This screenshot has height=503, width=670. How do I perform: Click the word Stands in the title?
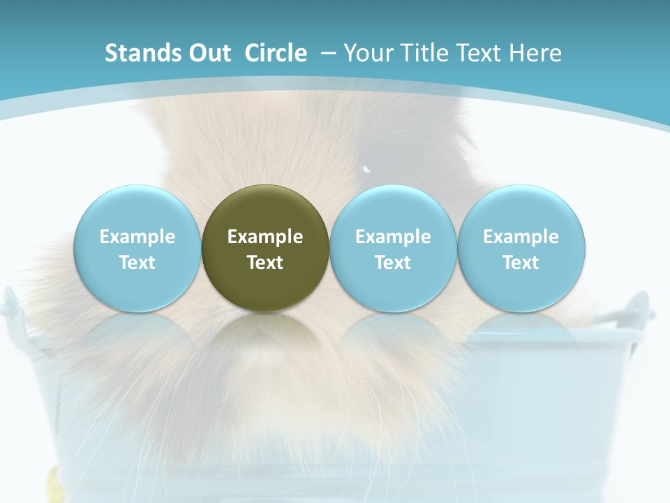tap(133, 53)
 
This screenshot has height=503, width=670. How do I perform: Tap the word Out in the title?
tap(207, 53)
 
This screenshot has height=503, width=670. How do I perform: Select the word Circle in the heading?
tap(276, 53)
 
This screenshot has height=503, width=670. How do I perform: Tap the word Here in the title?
tap(535, 53)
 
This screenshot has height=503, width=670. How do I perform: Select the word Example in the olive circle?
tap(265, 237)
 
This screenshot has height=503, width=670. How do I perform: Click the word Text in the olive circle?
tap(265, 263)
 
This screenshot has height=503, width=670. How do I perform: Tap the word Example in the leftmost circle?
tap(137, 237)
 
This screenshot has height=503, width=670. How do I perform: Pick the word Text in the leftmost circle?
tap(137, 263)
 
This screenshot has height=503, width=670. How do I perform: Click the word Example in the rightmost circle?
tap(521, 237)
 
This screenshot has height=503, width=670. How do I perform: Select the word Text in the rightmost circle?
tap(521, 263)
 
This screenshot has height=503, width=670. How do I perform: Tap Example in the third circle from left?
tap(393, 237)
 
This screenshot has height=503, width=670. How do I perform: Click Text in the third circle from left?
tap(393, 263)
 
